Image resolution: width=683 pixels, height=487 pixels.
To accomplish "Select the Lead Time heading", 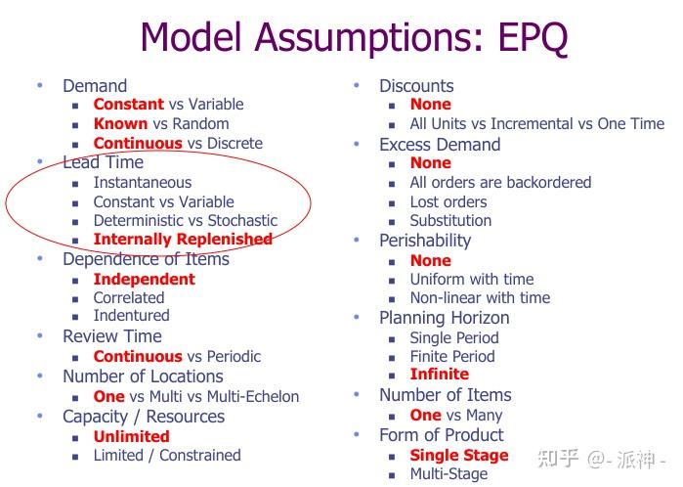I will (103, 162).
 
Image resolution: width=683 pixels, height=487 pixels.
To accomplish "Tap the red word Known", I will (120, 123).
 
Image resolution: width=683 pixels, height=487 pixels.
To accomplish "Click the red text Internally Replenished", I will (183, 239).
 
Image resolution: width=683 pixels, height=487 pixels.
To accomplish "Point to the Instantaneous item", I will (142, 182).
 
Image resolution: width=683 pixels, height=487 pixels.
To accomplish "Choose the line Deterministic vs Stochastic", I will (185, 220).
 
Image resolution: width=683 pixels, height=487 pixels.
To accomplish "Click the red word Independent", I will (144, 279).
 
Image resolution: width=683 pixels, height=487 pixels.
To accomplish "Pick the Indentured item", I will (131, 315).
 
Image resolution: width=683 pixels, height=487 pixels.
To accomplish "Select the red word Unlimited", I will (131, 436).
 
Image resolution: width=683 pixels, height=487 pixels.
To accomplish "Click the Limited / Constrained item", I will (166, 455).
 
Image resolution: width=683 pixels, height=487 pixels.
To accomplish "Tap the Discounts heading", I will (416, 86).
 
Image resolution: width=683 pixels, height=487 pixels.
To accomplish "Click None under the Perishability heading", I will (430, 260).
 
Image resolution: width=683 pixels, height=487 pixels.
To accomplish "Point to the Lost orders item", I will (448, 201).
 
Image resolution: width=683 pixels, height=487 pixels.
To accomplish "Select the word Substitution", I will (450, 220).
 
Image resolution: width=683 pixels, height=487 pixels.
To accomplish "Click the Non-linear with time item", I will (479, 297).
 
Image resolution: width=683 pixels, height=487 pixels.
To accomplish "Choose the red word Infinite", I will (439, 374).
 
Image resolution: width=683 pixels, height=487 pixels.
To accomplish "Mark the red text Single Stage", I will (458, 455).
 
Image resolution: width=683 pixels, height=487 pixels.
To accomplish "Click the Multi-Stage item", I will (448, 474).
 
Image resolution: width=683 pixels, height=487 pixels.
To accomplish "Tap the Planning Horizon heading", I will (444, 318).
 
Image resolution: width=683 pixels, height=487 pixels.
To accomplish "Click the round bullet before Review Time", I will (40, 336).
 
